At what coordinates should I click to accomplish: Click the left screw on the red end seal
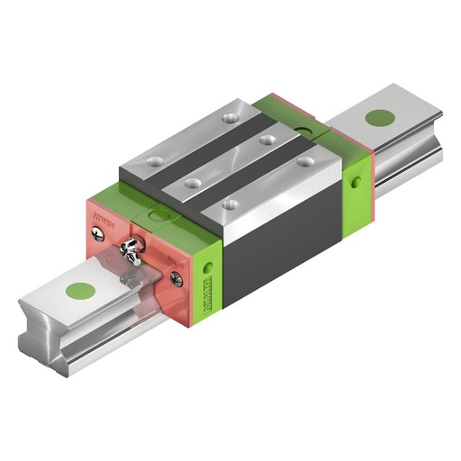coord(98,233)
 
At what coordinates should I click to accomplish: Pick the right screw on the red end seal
coord(176,280)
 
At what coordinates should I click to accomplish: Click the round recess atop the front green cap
coord(160,216)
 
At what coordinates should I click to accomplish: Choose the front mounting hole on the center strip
coord(192,183)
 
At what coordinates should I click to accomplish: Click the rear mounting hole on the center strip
coord(267,138)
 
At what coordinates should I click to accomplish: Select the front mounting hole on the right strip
coord(231,206)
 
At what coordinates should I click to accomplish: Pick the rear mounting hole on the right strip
coord(306,162)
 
